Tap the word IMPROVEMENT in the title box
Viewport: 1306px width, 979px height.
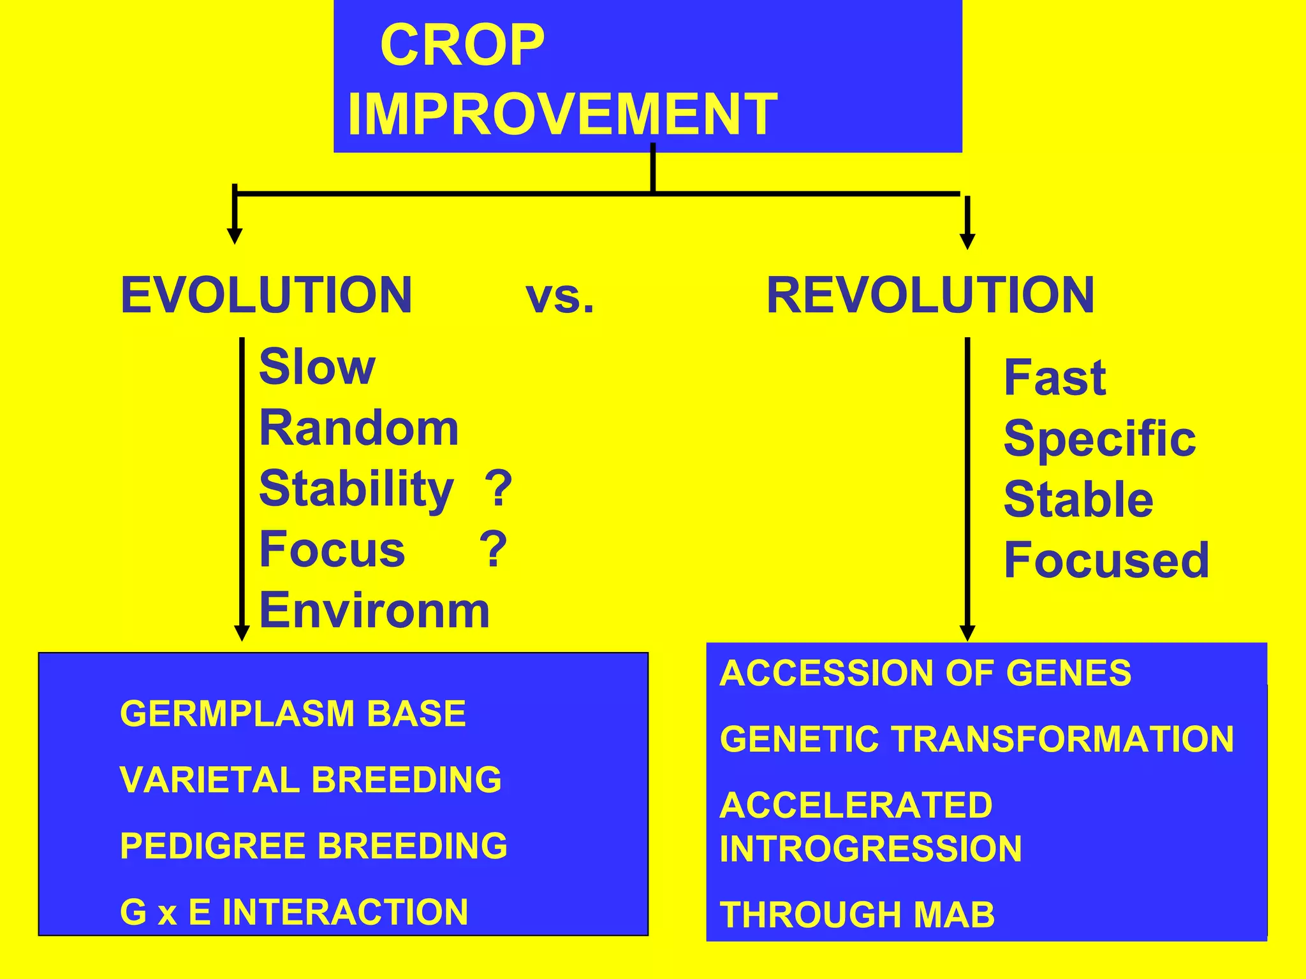pos(562,115)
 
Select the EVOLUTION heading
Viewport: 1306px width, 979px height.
pos(266,295)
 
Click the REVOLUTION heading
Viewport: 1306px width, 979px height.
pos(930,295)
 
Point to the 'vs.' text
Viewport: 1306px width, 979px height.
pos(559,298)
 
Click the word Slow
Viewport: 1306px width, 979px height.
pos(317,368)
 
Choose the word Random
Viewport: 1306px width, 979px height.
pos(358,428)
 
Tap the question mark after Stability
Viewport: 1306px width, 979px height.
pos(498,489)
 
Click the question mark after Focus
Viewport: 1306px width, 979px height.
pos(493,550)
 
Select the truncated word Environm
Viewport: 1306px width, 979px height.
pos(374,611)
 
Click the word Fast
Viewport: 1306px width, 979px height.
pos(1054,378)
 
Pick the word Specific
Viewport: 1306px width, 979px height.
pos(1099,440)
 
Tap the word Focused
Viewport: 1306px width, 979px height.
pos(1106,560)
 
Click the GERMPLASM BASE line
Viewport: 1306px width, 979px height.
pos(293,714)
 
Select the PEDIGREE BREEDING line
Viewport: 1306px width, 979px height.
pos(314,846)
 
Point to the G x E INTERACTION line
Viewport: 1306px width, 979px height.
pos(294,912)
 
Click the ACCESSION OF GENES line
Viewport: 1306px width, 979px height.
pos(925,674)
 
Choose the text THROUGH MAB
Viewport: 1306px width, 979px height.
pos(856,915)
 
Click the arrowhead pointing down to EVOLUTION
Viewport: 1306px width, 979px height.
pos(235,237)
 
